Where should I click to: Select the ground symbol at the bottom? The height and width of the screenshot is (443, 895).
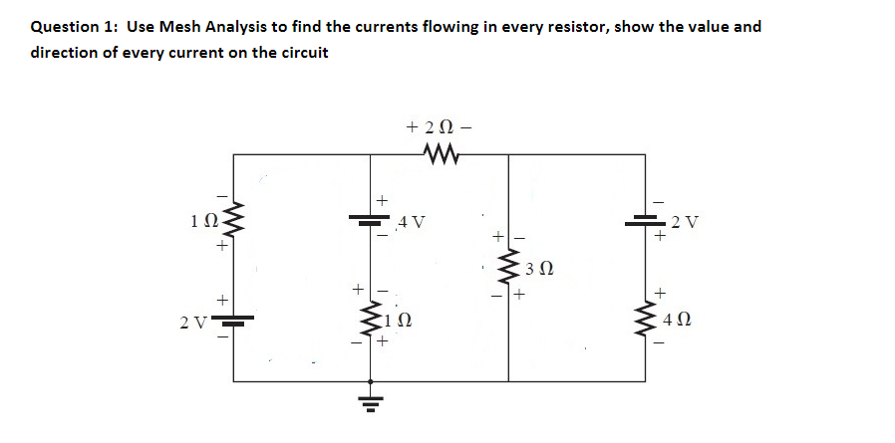[373, 404]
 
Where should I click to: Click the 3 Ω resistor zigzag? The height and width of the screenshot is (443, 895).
[509, 267]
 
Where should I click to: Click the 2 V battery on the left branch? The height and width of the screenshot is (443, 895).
[234, 320]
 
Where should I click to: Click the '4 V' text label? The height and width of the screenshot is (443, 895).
[411, 221]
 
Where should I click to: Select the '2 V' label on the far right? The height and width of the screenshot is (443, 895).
[686, 221]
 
